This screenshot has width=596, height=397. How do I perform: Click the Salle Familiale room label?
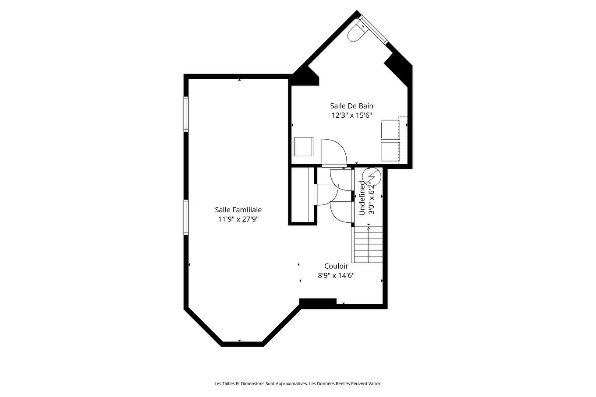(238, 210)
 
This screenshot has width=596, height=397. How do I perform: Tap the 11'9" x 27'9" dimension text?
(238, 219)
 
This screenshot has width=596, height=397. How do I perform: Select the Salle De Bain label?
(351, 106)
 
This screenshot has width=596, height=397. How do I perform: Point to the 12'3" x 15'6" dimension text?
(351, 115)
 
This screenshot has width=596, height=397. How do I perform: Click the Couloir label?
(336, 266)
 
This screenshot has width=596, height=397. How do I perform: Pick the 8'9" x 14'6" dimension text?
(336, 276)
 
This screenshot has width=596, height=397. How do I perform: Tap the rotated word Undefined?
(362, 198)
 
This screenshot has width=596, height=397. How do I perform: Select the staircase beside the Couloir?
(368, 245)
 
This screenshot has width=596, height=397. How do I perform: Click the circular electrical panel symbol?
(372, 176)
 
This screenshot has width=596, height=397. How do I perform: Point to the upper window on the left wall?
(186, 114)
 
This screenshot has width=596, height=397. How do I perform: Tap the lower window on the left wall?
(186, 217)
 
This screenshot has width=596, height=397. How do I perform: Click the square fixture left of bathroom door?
(304, 147)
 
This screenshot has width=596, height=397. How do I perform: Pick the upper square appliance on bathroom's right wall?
(390, 130)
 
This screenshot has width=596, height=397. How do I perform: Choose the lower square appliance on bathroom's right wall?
(390, 151)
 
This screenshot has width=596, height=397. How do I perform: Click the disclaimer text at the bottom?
(298, 383)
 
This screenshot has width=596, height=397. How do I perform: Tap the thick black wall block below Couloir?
(318, 301)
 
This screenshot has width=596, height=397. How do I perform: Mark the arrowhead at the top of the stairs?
(369, 225)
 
